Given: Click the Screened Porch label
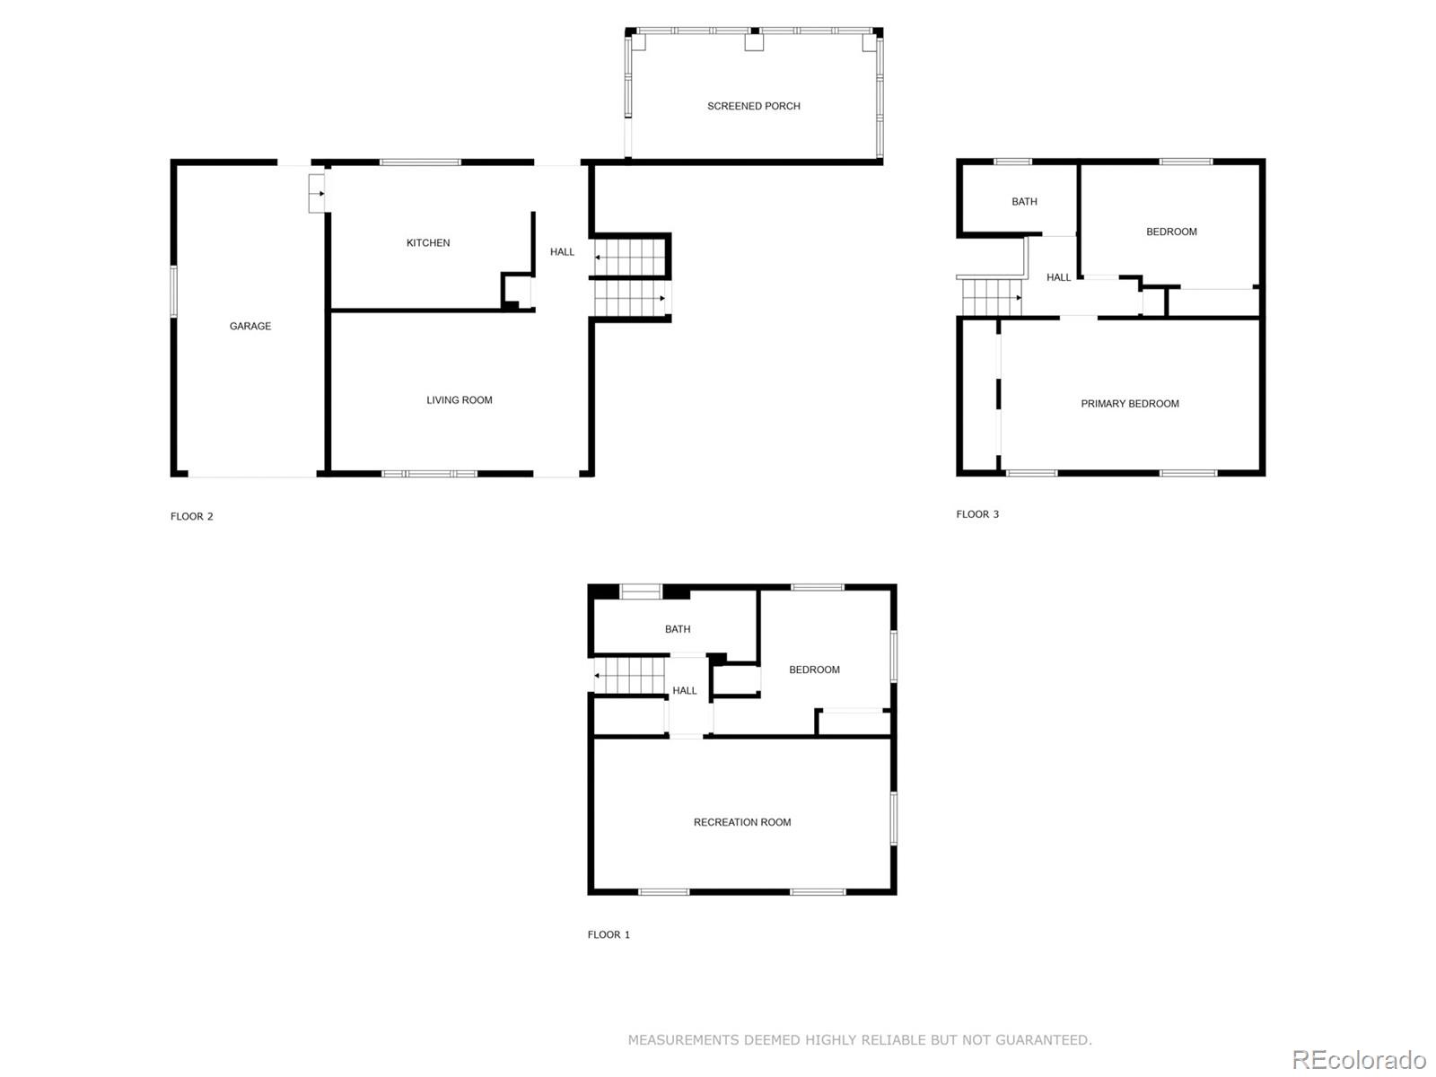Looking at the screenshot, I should pos(753,106).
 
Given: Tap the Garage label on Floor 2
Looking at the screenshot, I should pos(250,326).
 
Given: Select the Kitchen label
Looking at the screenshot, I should pos(428,242).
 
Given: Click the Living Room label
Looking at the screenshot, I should pos(459,400).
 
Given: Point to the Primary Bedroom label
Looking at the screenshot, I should pos(1129,404).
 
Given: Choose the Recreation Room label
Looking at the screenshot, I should pos(741,822).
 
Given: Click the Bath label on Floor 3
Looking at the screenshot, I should pos(1024,202).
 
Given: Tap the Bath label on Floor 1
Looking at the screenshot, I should pos(677,629).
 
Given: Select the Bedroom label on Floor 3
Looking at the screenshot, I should pos(1171,232).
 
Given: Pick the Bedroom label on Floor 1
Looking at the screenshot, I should pos(814,670).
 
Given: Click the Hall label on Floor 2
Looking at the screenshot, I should pos(562,252).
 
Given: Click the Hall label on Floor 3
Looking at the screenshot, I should pos(1058,277).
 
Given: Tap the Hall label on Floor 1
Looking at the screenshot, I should pos(684,691).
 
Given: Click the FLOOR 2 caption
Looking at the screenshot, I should pos(191,516).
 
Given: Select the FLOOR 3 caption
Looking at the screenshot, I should pos(976,514).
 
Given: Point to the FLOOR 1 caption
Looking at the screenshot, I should pos(609,934).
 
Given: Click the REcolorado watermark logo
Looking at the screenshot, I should pos(1358,1060).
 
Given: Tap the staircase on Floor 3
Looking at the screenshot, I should pos(991,297).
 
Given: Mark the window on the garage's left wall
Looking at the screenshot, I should pos(174,291).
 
